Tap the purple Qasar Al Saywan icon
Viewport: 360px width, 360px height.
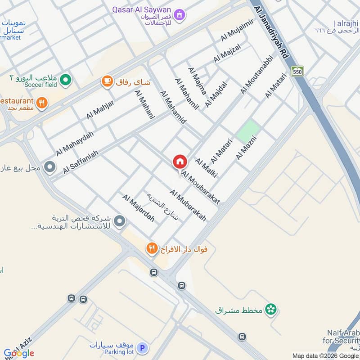coord(180,15)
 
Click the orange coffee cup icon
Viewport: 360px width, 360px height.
coord(107,81)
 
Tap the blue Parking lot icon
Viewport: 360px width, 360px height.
coord(142,348)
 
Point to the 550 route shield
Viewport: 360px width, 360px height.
coord(297,71)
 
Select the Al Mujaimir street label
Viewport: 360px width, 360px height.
coord(237,31)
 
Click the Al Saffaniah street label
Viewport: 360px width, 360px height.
coord(81,162)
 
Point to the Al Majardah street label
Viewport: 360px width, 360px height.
coord(138,208)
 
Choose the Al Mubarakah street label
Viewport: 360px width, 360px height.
coord(188,205)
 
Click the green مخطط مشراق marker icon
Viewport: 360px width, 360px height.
coord(270,309)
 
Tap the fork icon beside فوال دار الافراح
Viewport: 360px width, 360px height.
coord(152,248)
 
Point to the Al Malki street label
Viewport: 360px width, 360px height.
coord(206,168)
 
